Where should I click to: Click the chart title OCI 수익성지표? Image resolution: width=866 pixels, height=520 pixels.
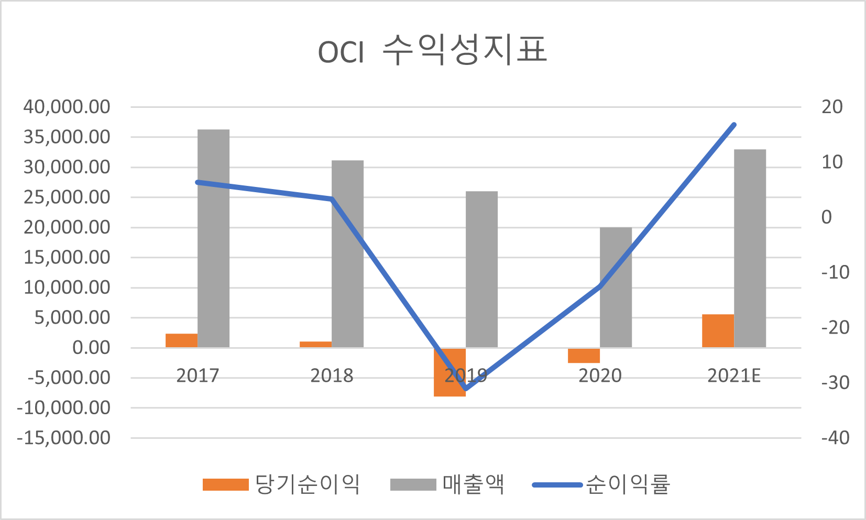pos(432,51)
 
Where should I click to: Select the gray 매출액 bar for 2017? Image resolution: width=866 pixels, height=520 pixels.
pos(213,238)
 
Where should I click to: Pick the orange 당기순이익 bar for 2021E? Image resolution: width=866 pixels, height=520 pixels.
pos(718,331)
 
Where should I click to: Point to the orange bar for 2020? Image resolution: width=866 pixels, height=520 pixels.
pos(584,356)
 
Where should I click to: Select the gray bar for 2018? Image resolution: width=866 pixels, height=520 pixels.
pos(347,254)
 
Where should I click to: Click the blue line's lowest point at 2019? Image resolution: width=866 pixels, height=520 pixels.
pos(466,389)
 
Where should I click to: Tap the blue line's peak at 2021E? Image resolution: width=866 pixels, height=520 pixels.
pos(734,125)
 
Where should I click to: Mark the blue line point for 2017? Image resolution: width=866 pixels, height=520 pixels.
pos(198,182)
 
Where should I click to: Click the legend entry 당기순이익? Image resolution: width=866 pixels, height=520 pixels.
pos(282,484)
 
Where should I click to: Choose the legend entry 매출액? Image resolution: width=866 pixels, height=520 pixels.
pos(448,484)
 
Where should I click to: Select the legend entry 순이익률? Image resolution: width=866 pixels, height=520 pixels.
pos(601,484)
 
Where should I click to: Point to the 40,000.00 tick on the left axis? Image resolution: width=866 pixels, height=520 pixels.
pos(67,107)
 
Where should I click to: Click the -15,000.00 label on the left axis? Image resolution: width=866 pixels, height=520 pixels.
pos(63,438)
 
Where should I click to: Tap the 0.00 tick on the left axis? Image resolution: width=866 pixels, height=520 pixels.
pos(91,348)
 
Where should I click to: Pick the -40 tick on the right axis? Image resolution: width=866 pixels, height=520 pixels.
pos(835,438)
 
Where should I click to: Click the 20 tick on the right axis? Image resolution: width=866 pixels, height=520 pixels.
pos(832,107)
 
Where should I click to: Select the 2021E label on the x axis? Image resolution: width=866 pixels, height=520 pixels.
pos(733,376)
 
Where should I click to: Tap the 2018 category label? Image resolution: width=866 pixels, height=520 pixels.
pos(332,376)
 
